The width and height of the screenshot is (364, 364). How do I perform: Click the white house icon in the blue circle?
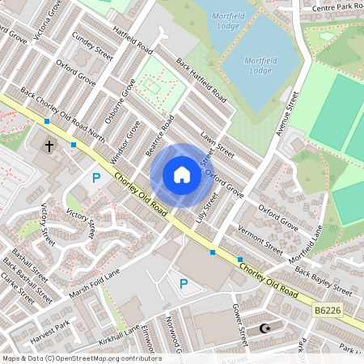[182, 174]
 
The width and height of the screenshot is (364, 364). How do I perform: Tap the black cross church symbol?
[49, 147]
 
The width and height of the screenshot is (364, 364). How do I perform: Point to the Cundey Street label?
[91, 48]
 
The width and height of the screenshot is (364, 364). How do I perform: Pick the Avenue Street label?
[287, 112]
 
